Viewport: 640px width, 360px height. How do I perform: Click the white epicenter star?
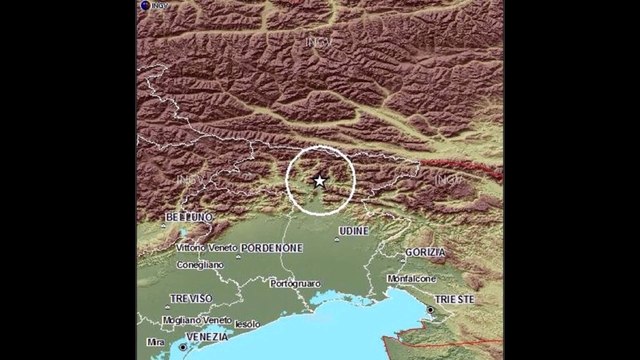tap(319, 181)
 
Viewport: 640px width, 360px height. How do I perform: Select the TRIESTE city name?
tap(453, 298)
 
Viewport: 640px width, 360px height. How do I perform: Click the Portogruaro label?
tap(298, 283)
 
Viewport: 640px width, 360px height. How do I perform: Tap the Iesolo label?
tap(248, 322)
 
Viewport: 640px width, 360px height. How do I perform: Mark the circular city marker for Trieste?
tap(432, 311)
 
